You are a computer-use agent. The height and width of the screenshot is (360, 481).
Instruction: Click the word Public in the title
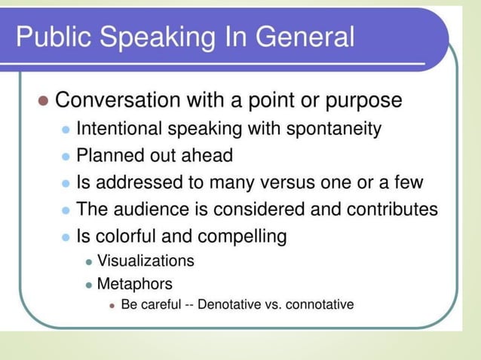pos(51,36)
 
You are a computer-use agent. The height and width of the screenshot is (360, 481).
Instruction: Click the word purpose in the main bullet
pos(357,100)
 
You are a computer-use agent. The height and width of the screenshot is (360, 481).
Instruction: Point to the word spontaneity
pos(333,129)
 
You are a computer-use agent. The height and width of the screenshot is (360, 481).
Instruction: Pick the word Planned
pos(111,156)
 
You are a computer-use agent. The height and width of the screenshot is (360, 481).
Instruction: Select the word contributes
pos(392,209)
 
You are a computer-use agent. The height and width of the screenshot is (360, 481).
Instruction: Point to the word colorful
pos(129,236)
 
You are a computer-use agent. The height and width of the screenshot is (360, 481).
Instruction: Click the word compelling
pos(242,236)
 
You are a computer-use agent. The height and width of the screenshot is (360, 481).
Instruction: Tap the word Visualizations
pos(146,261)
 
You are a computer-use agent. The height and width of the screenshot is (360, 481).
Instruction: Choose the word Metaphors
pos(135,284)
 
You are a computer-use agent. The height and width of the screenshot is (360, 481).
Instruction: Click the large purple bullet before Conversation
pos(43,101)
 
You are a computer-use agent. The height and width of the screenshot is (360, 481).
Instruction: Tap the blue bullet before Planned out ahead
pos(66,157)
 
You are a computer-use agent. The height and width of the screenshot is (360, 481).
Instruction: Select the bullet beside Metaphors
pos(89,285)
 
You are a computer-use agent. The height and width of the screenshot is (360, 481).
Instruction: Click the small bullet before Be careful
pos(112,306)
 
